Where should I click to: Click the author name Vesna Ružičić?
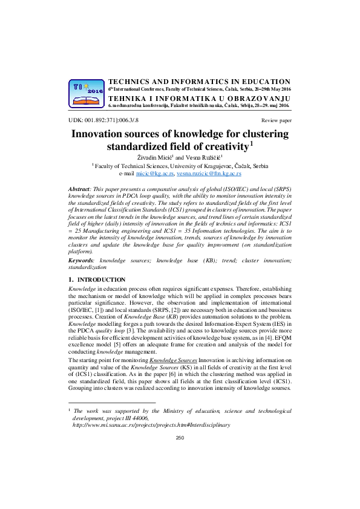pyautogui.click(x=203, y=157)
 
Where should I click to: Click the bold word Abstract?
pyautogui.click(x=80, y=190)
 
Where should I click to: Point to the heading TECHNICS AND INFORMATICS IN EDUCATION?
pyautogui.click(x=199, y=81)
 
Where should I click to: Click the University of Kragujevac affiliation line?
pyautogui.click(x=181, y=166)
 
